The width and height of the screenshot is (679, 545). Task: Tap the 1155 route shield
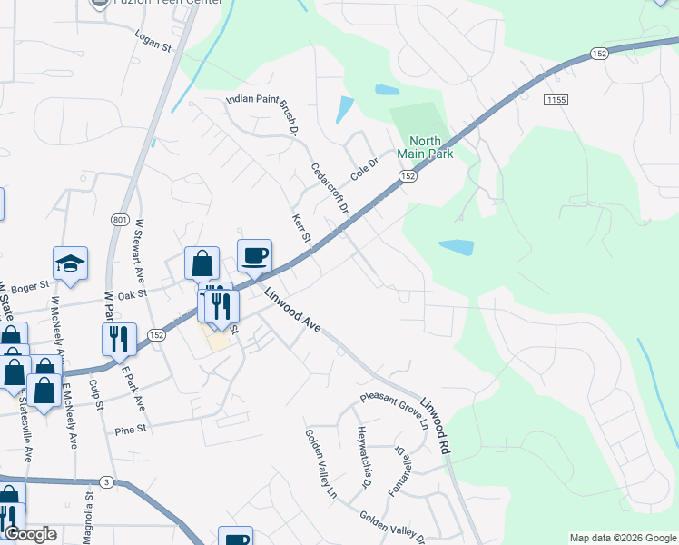click(556, 98)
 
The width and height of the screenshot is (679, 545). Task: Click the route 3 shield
click(107, 481)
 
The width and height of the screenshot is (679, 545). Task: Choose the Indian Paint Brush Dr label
click(262, 115)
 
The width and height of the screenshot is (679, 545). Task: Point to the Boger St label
click(30, 287)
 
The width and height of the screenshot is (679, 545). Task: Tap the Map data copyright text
click(622, 538)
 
